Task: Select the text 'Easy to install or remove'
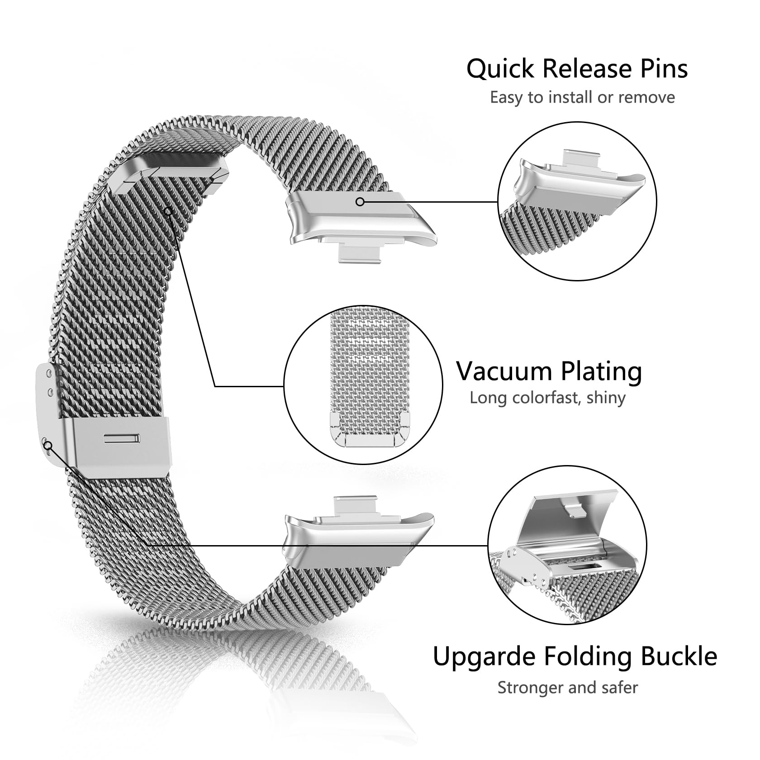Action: tap(582, 97)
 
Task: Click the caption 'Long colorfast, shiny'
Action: tap(547, 398)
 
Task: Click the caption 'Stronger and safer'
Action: tap(568, 688)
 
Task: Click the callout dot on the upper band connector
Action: tap(360, 202)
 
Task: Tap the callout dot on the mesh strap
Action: tap(168, 211)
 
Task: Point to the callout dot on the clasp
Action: tap(48, 446)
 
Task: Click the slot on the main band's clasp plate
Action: tap(123, 438)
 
